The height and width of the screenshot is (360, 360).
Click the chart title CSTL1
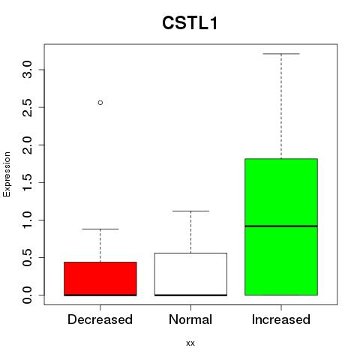coord(190,23)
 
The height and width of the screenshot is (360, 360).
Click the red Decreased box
coord(100,279)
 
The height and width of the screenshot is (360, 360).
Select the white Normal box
coord(190,274)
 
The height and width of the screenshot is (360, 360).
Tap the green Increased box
coord(281,226)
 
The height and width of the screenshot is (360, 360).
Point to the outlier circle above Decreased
coord(100,103)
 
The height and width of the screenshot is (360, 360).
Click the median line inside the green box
coord(281,226)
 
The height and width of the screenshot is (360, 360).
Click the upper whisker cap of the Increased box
coord(281,54)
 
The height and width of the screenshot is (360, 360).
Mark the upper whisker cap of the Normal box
coord(190,211)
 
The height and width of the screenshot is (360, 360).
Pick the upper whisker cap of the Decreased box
coord(100,229)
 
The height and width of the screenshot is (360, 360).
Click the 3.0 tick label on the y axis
coord(27,70)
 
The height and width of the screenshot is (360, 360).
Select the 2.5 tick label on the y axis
coord(27,107)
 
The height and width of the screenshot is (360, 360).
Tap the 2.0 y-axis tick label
coord(27,145)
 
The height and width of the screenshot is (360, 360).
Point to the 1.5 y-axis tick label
coord(27,182)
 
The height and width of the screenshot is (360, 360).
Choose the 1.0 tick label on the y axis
coord(27,220)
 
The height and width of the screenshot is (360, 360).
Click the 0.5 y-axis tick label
coord(27,257)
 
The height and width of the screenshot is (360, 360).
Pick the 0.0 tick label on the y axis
coord(27,295)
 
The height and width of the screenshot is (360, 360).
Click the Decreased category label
coord(100,319)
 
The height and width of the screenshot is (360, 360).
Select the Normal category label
coord(190,319)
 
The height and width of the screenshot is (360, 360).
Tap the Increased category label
coord(281,319)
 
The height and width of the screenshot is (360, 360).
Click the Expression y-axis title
coord(7,174)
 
